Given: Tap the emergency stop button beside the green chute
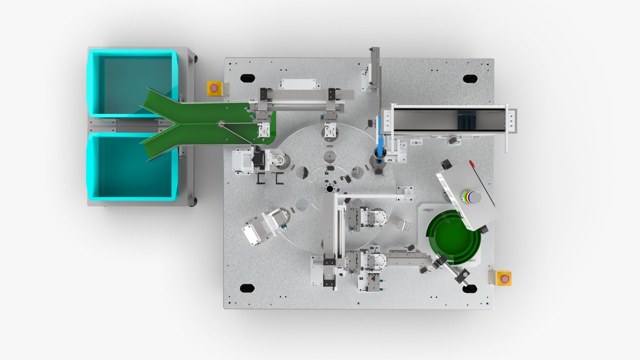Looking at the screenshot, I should pos(214,88).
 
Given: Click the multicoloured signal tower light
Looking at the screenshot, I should pos(470,197).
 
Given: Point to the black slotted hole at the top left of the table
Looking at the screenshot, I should pos(247,78).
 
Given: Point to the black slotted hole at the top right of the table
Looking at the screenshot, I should pos(470,79).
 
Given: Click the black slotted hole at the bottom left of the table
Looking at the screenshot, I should pos(247,288).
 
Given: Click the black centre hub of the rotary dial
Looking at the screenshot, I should pos(330,189).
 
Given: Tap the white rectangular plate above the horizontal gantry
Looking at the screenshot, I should pos(298,84).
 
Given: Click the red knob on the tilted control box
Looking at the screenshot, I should pos(472,163).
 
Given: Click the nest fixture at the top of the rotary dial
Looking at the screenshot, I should pos(330,130).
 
